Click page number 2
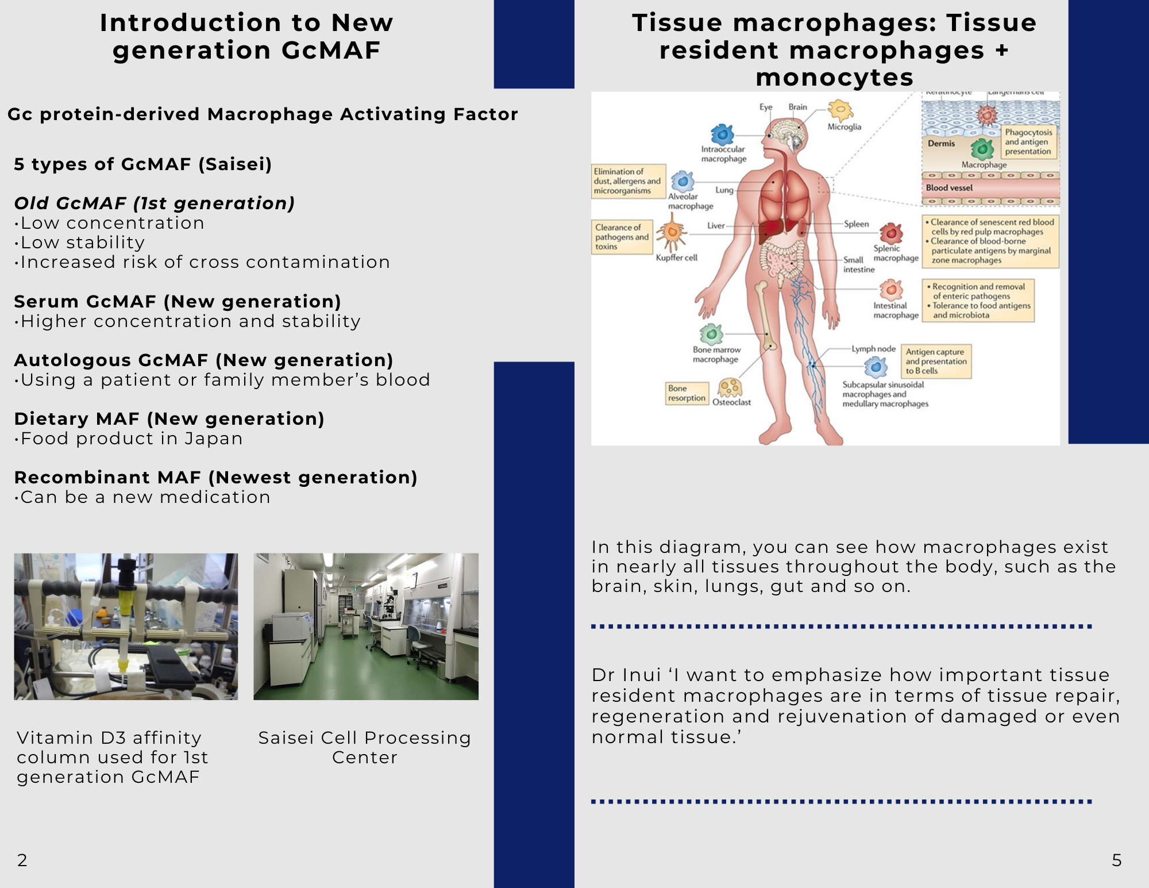tap(22, 860)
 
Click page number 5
tap(1117, 860)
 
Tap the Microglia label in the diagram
tap(844, 126)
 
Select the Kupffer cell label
tap(676, 257)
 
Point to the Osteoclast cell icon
tap(730, 387)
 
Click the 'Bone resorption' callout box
tap(687, 393)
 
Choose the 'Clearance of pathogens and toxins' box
tap(622, 237)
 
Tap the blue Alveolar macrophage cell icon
tap(683, 182)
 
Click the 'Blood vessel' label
tap(949, 187)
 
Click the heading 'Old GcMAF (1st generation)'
tap(155, 203)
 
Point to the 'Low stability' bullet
tap(80, 243)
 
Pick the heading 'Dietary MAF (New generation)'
tap(169, 419)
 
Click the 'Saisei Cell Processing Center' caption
tap(365, 747)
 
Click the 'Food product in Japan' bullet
tap(129, 439)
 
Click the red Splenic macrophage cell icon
tap(891, 233)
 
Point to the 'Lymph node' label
tap(873, 349)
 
